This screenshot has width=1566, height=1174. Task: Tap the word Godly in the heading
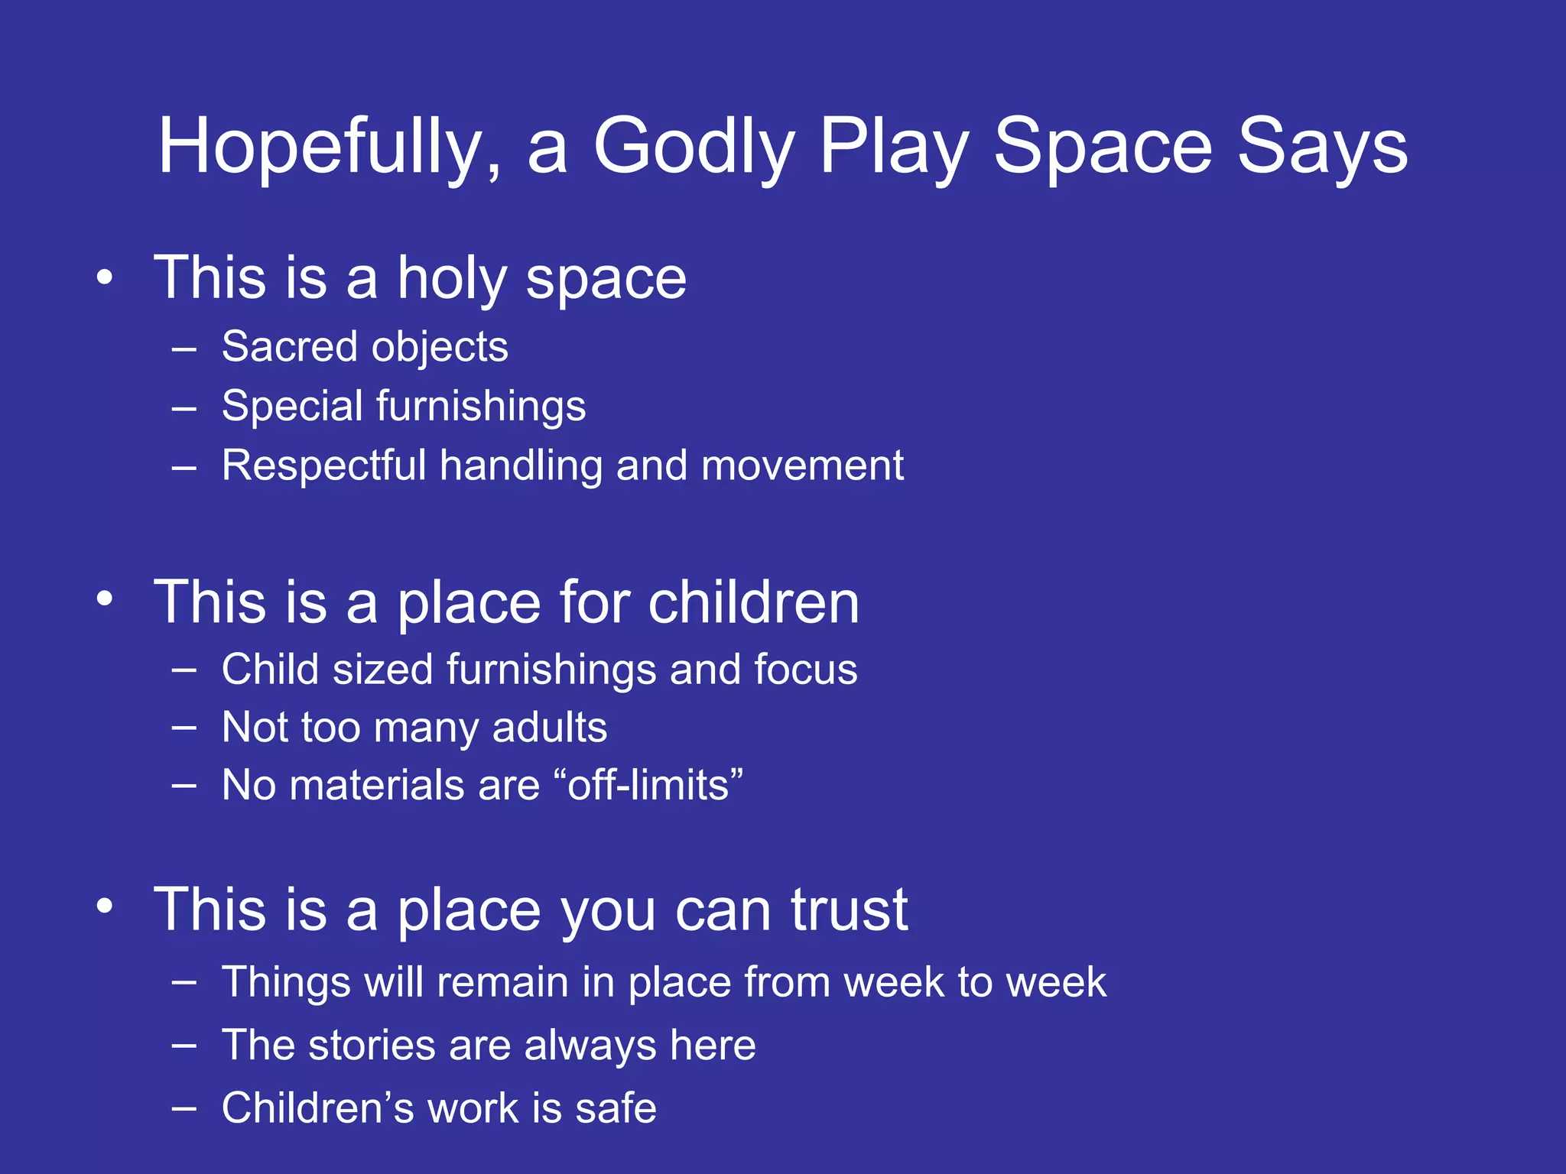coord(694,147)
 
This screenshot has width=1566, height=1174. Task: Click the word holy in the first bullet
coord(451,278)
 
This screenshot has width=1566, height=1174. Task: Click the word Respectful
coord(323,465)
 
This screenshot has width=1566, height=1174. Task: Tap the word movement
coord(802,465)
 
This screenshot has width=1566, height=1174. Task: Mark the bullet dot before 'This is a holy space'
coord(105,278)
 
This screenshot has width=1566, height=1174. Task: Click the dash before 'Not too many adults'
coord(184,728)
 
